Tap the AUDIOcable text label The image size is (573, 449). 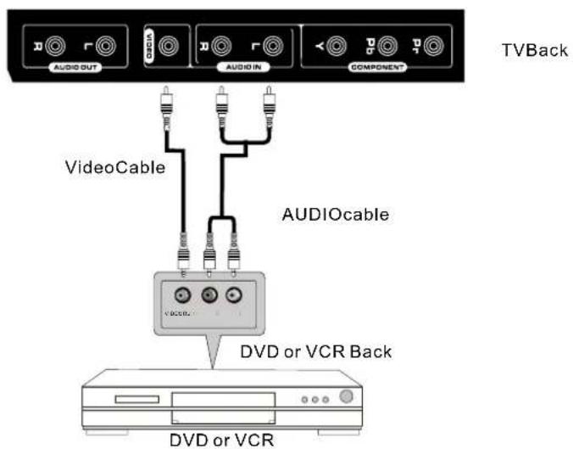(335, 215)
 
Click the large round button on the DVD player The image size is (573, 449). (345, 396)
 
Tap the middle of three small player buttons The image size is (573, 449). (315, 399)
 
